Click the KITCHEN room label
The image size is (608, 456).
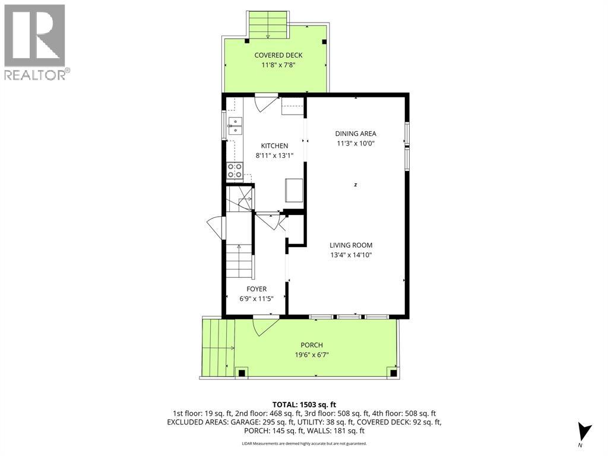[x=274, y=146]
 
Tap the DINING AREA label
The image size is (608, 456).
[x=356, y=134]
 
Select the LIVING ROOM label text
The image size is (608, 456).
[x=351, y=245]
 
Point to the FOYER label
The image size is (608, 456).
[x=256, y=289]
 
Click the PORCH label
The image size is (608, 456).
[x=312, y=345]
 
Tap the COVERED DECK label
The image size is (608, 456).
[x=278, y=55]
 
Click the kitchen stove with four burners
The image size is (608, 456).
[x=235, y=171]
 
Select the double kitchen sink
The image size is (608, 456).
[x=235, y=126]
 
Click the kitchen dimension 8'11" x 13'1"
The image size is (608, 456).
[x=274, y=156]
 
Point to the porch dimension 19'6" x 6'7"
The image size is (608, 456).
[x=312, y=355]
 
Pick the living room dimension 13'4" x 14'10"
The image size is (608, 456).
[x=351, y=255]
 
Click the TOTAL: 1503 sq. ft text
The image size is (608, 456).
[x=305, y=405]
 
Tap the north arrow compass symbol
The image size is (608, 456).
[x=584, y=432]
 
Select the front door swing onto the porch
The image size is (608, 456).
[x=265, y=327]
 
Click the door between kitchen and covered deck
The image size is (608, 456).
[x=265, y=102]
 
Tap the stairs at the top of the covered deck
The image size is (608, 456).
[x=268, y=25]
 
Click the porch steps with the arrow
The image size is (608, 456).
[x=218, y=348]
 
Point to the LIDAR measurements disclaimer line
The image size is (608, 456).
[x=305, y=444]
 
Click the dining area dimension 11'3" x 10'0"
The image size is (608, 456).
[x=356, y=144]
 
